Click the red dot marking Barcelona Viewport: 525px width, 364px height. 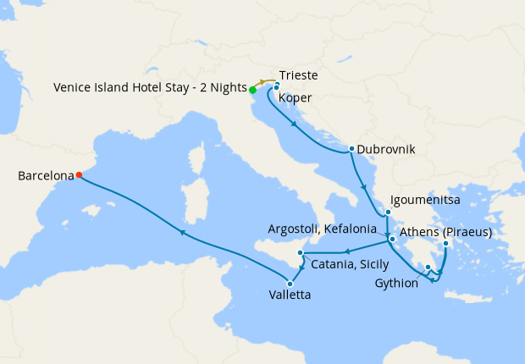[x=79, y=175]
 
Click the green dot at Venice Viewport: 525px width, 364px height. [x=252, y=89]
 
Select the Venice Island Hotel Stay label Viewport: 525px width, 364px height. [x=149, y=88]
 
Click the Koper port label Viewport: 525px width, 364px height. [x=295, y=98]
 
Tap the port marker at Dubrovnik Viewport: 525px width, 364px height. [x=351, y=149]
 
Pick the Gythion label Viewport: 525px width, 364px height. [x=396, y=284]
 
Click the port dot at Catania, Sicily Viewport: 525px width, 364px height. [x=301, y=254]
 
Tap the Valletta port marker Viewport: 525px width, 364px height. [x=290, y=284]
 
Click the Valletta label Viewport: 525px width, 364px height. [x=288, y=295]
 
